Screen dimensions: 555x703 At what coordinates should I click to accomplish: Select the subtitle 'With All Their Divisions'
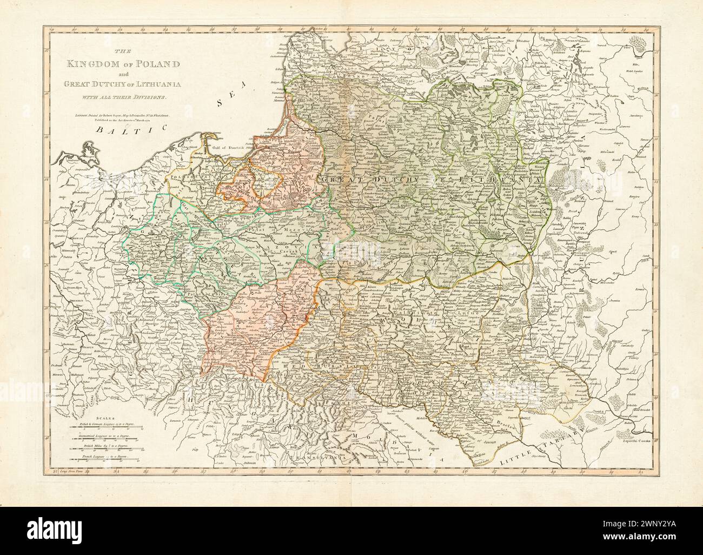[123, 96]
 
